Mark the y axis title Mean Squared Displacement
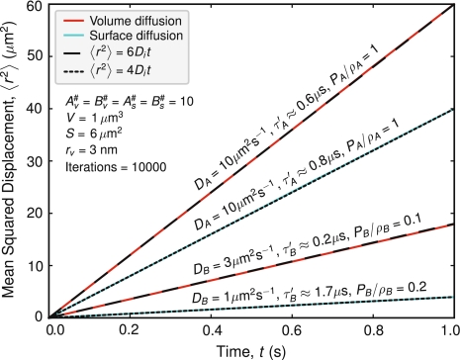tap(12, 158)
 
